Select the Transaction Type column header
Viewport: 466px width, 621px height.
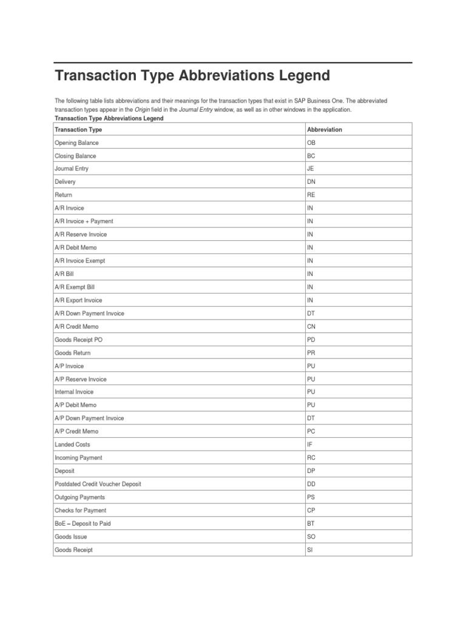78,130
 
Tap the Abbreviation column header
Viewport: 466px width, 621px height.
325,130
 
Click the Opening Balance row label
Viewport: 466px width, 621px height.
76,143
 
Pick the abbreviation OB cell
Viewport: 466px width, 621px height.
311,143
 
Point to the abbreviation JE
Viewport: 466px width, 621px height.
311,169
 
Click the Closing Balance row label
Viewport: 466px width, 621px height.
75,156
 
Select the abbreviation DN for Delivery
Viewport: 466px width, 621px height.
311,182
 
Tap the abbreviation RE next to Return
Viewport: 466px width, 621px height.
311,195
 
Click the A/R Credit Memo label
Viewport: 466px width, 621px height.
76,327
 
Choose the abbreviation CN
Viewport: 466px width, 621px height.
311,327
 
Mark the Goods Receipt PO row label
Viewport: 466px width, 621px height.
78,340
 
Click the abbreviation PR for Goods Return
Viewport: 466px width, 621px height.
311,353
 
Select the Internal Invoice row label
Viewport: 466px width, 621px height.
75,392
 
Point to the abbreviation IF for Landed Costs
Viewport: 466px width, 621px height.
310,445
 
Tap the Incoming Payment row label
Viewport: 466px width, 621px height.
78,458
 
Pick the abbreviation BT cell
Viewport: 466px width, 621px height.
311,523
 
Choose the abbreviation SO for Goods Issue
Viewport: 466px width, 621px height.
311,537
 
